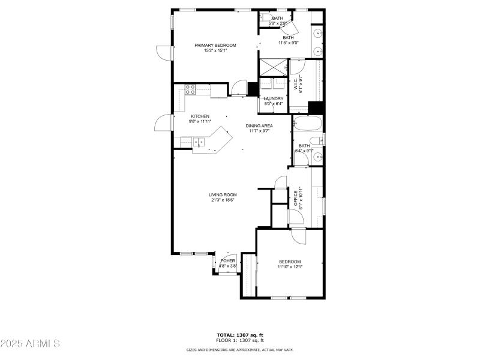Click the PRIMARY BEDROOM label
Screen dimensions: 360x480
(x=215, y=45)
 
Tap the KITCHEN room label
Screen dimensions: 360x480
(x=200, y=116)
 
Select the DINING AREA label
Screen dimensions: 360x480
(x=259, y=125)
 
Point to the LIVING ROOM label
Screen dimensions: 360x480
(x=223, y=194)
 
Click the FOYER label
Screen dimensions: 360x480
(x=228, y=261)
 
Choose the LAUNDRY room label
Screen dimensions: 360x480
(x=273, y=98)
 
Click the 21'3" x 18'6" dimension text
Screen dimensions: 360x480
(x=223, y=200)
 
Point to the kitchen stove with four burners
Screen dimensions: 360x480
(x=190, y=90)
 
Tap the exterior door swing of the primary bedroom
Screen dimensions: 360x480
(x=163, y=52)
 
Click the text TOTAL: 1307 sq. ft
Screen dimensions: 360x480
(x=240, y=335)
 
